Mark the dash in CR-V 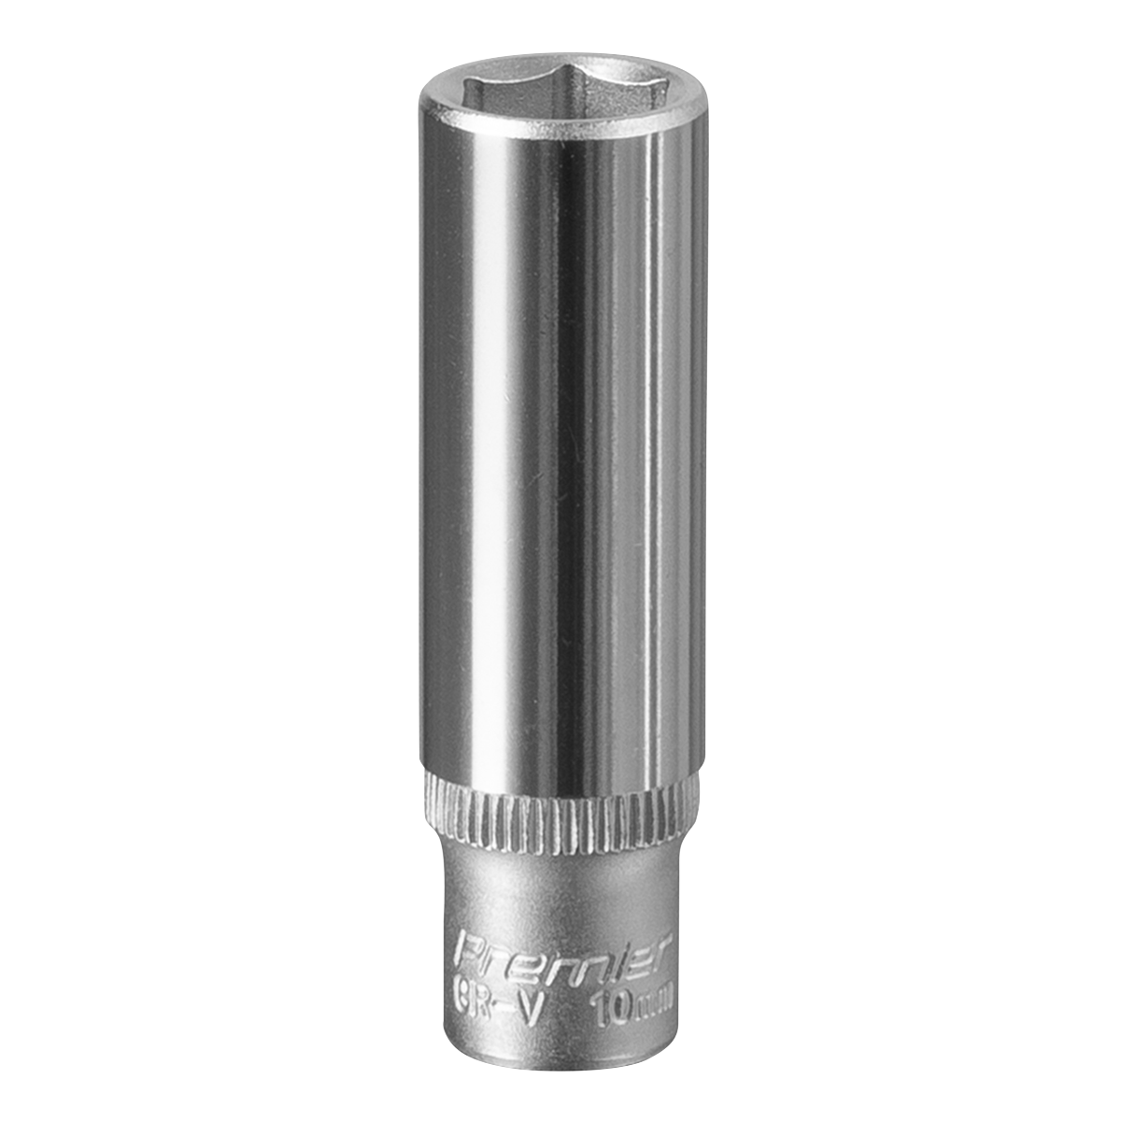click(504, 981)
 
